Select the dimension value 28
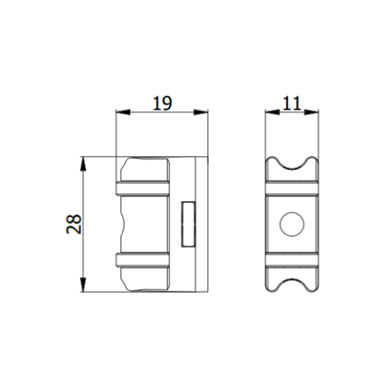74,224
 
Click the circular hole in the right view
292,224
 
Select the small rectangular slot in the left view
189,224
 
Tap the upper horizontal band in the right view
292,188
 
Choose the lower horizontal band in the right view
292,260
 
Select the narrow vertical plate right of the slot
202,224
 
